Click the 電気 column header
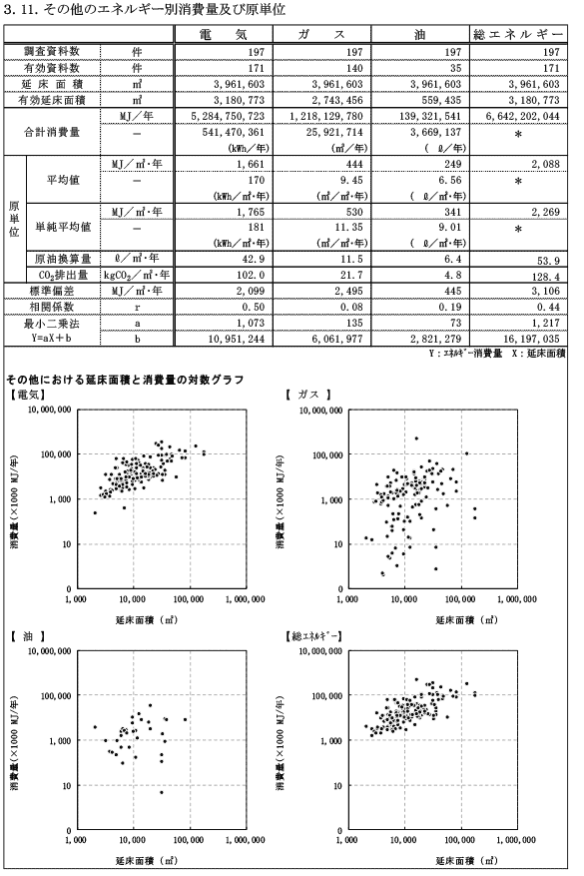tap(223, 34)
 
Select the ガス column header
tap(321, 34)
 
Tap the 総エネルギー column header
tap(517, 34)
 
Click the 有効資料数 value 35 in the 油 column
tap(455, 68)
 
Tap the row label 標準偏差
tap(51, 291)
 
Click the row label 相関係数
tap(51, 307)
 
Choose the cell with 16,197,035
tap(528, 339)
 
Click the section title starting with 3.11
tap(145, 10)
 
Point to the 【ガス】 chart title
tap(308, 395)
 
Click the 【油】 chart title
tap(28, 635)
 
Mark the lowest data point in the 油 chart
tap(162, 792)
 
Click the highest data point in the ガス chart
tap(416, 438)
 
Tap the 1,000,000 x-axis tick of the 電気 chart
tap(246, 599)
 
